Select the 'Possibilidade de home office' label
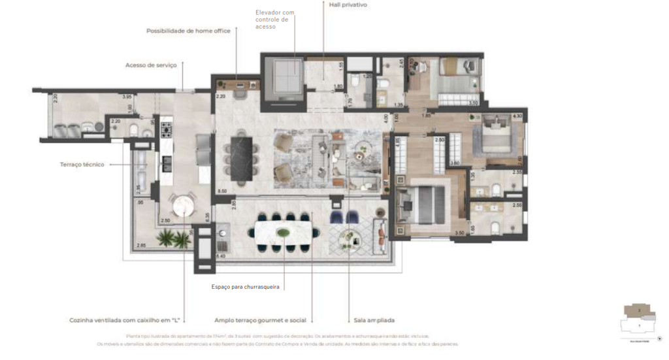(188, 31)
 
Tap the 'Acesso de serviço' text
(151, 65)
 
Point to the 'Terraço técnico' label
(82, 165)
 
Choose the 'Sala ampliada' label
(374, 321)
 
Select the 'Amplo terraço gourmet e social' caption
(260, 321)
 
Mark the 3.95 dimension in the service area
(127, 97)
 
